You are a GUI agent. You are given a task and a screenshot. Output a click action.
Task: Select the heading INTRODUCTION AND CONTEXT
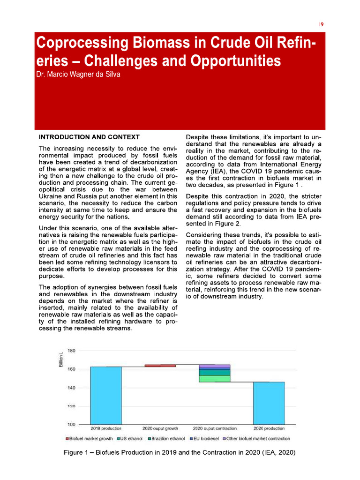click(89, 137)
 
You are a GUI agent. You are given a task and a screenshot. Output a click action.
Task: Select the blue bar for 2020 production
click(269, 403)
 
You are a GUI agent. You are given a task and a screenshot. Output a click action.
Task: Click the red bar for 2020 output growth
click(160, 366)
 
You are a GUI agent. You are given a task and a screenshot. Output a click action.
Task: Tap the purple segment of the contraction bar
click(214, 366)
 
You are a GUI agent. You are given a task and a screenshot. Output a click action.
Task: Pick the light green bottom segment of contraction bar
click(214, 379)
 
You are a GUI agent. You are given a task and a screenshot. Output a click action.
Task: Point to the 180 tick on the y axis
click(72, 351)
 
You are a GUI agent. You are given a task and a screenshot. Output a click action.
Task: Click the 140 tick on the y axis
click(72, 388)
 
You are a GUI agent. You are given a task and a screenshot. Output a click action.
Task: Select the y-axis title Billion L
click(60, 360)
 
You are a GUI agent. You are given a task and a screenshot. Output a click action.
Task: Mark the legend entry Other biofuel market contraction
click(258, 439)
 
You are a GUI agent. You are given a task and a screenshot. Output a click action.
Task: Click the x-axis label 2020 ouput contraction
click(214, 428)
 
